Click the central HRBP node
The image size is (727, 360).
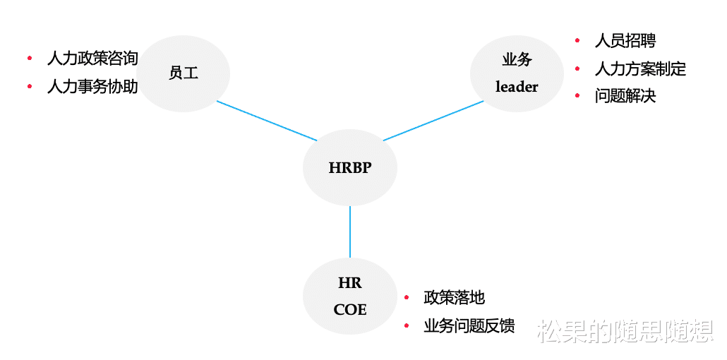(x=350, y=168)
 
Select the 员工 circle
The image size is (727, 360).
(x=184, y=73)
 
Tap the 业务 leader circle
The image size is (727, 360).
(x=517, y=73)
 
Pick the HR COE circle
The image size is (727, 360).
(x=350, y=296)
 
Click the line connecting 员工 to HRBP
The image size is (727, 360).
(x=267, y=121)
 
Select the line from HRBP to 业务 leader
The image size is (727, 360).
(x=433, y=121)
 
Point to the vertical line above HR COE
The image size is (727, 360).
(x=350, y=232)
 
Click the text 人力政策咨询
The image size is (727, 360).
(x=92, y=58)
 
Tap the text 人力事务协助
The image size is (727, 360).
(x=92, y=87)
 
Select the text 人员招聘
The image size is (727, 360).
(x=625, y=41)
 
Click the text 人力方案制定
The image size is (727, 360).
(x=640, y=68)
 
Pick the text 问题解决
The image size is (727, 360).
(x=625, y=96)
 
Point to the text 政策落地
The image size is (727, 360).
(x=454, y=298)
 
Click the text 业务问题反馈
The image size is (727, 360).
(x=469, y=325)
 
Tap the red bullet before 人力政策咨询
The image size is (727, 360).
(x=30, y=58)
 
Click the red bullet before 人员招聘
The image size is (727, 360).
(x=577, y=41)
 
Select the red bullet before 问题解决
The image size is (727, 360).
(x=577, y=96)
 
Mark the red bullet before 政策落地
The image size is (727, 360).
(x=407, y=298)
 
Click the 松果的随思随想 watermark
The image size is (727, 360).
(x=625, y=330)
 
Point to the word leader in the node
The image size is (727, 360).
(x=517, y=87)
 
